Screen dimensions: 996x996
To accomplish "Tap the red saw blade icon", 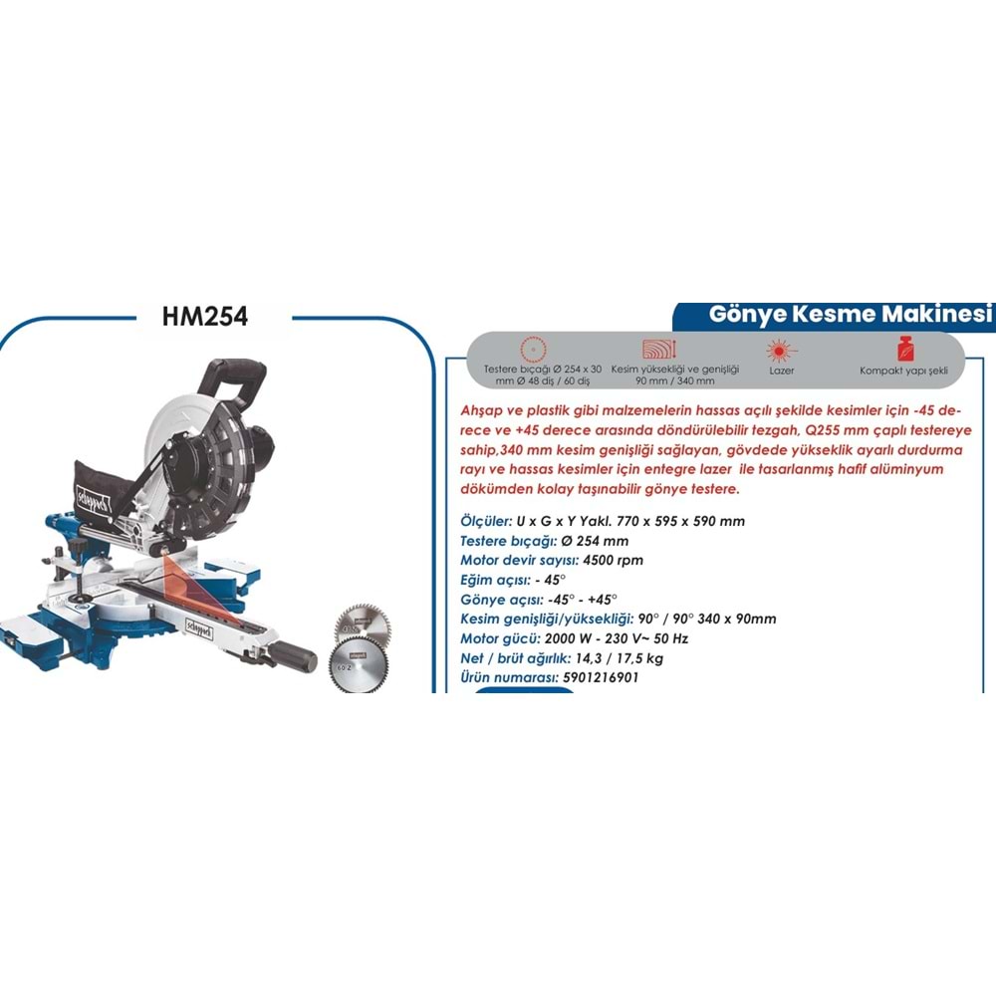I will coord(528,349).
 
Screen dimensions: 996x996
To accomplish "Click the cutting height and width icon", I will coord(659,349).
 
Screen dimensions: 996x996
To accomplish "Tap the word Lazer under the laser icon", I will coord(781,369).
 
